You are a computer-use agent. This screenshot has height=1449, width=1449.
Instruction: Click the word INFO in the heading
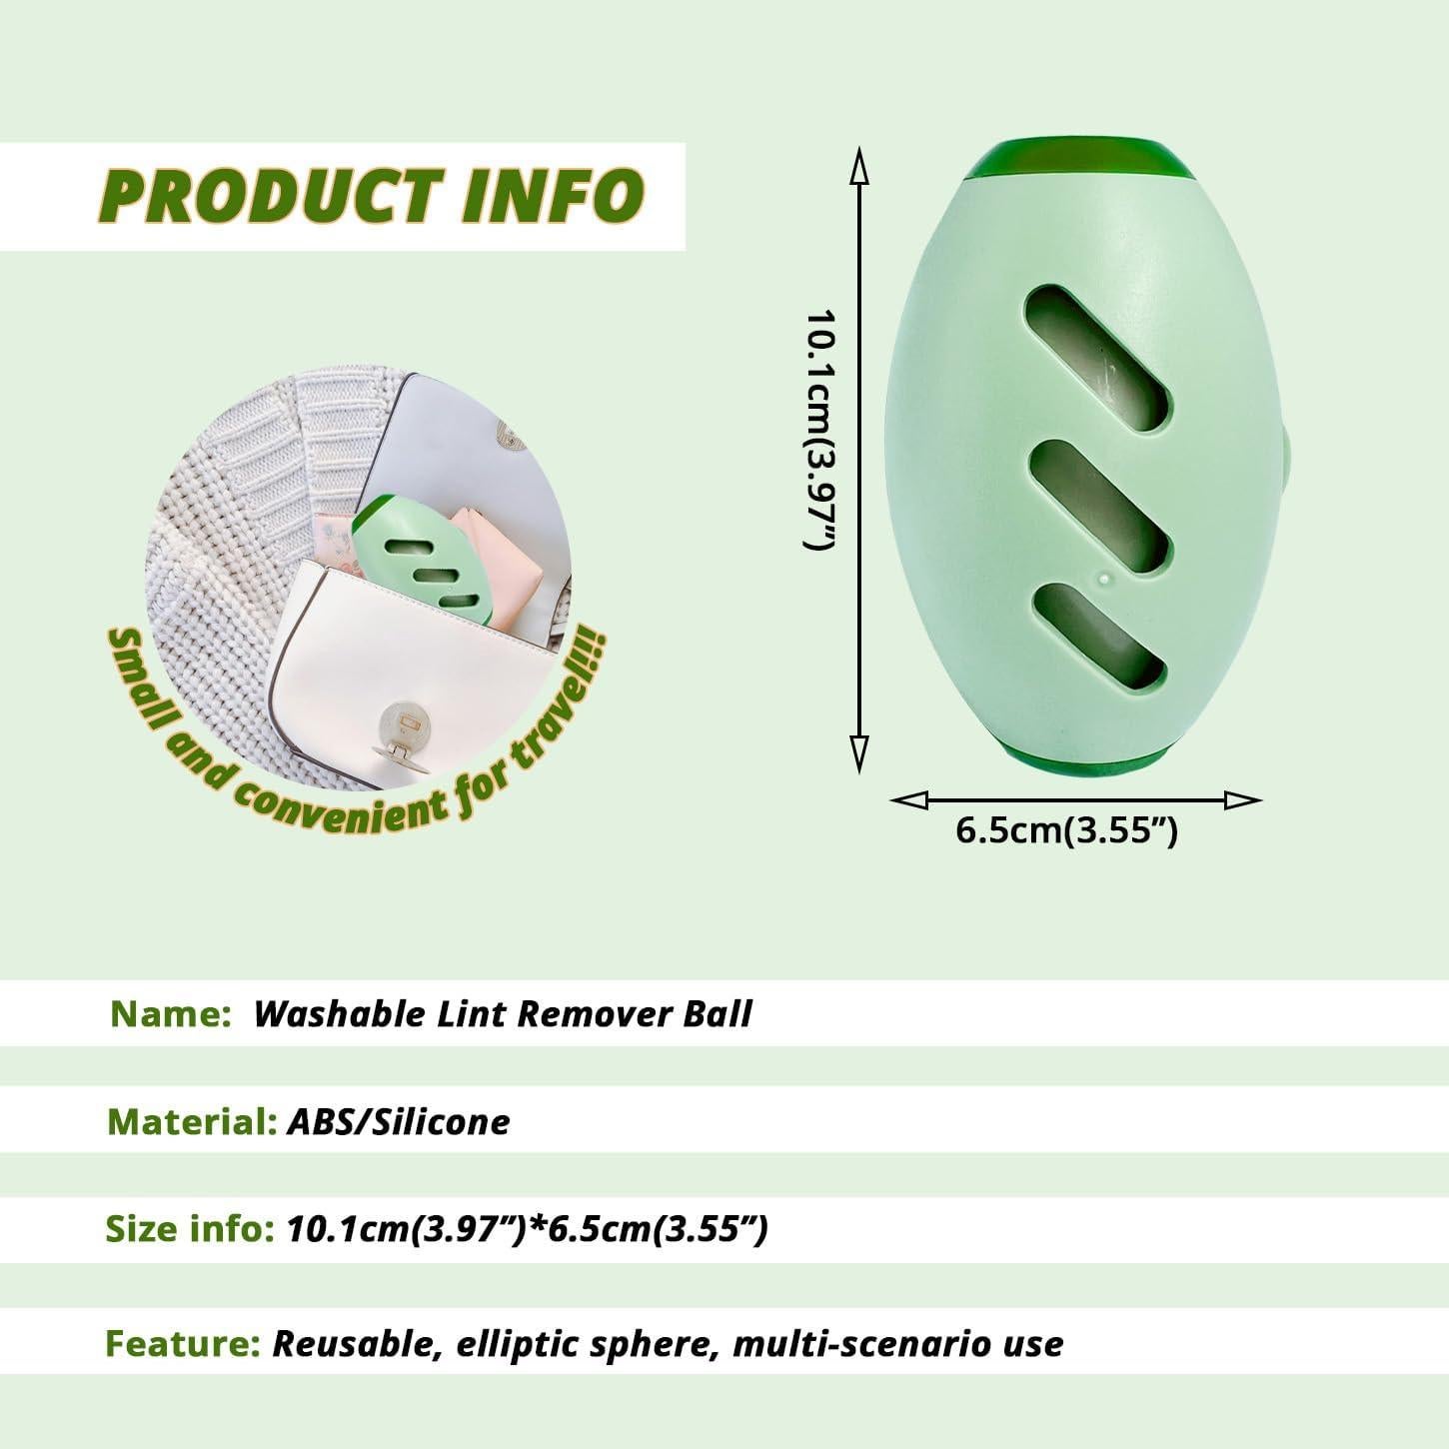click(553, 196)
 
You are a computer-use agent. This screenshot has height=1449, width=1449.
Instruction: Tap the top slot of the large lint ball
click(1097, 358)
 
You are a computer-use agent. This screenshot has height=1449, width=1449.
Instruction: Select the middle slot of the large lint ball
click(1097, 508)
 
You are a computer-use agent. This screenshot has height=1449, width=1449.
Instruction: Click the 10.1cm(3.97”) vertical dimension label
click(818, 430)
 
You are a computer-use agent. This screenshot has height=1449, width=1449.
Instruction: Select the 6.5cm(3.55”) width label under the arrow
click(1066, 830)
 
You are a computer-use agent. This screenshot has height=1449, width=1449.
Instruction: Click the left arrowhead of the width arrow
click(909, 800)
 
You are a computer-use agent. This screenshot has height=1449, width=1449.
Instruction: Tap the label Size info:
click(190, 1229)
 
